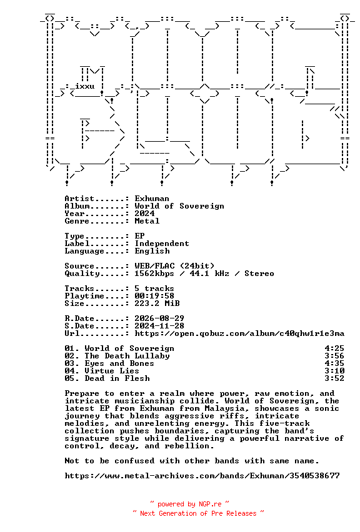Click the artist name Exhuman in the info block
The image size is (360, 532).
[x=152, y=199]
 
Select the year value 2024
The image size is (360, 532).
[x=144, y=214]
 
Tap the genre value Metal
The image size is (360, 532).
[x=147, y=221]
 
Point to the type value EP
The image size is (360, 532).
[x=139, y=236]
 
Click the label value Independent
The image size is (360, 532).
[x=162, y=244]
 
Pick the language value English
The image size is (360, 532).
[x=152, y=251]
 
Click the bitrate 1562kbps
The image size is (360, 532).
[x=154, y=273]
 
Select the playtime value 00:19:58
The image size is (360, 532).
[x=154, y=296]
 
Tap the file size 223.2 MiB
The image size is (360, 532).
[x=157, y=303]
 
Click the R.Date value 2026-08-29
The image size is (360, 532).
[x=159, y=318]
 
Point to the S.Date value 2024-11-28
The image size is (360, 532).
[x=159, y=326]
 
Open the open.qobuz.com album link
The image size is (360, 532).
[x=239, y=333]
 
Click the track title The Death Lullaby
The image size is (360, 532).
[x=127, y=355]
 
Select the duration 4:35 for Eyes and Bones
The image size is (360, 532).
[x=334, y=363]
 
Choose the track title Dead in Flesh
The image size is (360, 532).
[x=117, y=378]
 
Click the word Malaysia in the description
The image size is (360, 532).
[x=227, y=408]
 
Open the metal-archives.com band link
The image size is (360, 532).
[x=202, y=476]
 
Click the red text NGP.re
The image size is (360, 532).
[x=210, y=504]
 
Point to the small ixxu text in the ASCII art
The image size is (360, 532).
[x=85, y=86]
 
